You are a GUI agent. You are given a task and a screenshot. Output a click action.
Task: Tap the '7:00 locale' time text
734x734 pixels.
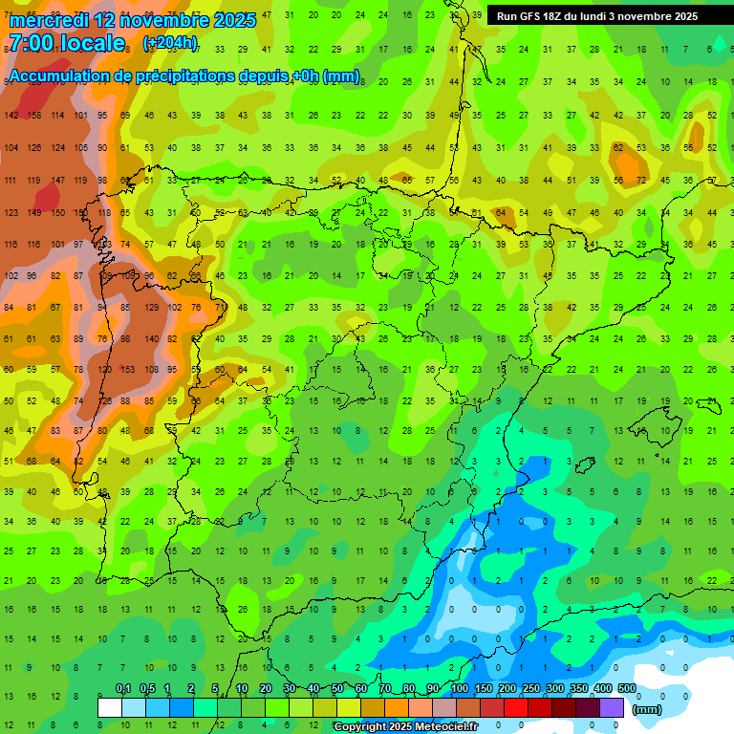click(x=67, y=43)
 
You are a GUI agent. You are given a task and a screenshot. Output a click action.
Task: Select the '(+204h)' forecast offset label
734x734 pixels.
click(x=170, y=43)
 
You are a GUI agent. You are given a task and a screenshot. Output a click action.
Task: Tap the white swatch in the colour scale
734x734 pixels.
click(x=110, y=707)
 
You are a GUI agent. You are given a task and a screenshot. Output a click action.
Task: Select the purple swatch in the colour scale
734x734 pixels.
click(x=613, y=707)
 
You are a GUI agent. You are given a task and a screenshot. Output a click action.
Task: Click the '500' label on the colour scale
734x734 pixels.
click(x=626, y=688)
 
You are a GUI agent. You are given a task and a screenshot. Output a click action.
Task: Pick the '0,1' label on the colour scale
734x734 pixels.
click(x=122, y=688)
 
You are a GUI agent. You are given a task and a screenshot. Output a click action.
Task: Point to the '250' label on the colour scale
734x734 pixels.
click(x=529, y=688)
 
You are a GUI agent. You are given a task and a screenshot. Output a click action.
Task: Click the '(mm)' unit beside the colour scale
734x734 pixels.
click(x=647, y=709)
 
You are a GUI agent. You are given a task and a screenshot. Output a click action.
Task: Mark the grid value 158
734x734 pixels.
click(x=34, y=116)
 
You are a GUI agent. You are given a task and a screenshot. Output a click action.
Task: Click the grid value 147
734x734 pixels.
click(x=58, y=181)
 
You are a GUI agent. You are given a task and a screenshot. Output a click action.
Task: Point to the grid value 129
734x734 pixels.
click(x=151, y=307)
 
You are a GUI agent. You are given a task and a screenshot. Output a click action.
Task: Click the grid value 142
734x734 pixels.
click(x=11, y=116)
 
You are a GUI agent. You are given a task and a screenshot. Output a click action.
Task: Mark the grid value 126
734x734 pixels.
click(x=34, y=148)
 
